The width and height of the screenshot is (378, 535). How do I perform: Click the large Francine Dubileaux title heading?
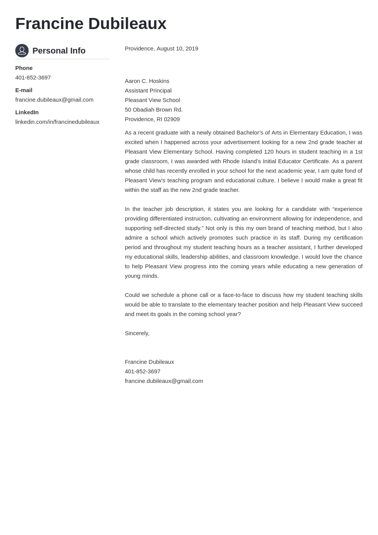(x=91, y=24)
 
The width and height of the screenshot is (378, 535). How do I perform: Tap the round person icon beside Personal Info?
(x=22, y=50)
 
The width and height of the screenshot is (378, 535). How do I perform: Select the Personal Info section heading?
(x=59, y=51)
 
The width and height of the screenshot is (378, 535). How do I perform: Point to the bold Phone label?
(x=24, y=68)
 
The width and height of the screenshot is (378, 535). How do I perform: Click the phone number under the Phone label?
(x=33, y=78)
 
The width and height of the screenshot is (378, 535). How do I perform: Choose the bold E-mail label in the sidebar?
(x=24, y=90)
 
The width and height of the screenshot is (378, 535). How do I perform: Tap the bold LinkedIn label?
(x=27, y=112)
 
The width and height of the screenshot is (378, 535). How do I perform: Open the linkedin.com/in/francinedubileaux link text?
(x=57, y=122)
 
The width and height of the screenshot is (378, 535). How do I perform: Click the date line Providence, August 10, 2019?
(x=162, y=49)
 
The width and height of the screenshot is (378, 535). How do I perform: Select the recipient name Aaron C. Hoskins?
(x=147, y=81)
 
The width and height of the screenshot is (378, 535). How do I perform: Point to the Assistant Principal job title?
(x=148, y=91)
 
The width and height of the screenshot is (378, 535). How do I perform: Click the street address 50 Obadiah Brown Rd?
(x=153, y=110)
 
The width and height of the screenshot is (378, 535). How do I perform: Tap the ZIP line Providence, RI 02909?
(x=152, y=119)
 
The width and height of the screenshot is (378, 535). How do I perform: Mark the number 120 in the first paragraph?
(x=269, y=152)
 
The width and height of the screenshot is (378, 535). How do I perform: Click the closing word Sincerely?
(x=137, y=333)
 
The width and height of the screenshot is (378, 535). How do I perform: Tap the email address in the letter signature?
(x=164, y=381)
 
